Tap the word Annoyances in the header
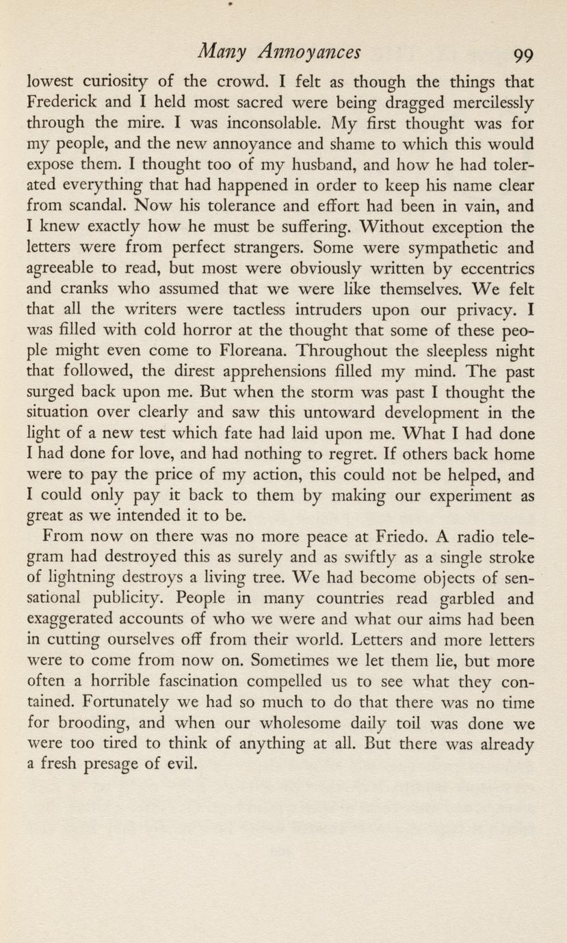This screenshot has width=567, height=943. (x=316, y=53)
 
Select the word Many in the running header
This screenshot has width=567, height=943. (x=216, y=51)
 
